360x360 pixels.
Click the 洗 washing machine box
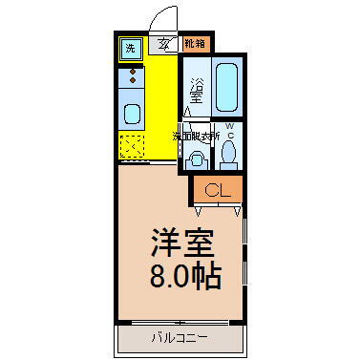point(129,47)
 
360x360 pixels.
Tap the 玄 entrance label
point(165,43)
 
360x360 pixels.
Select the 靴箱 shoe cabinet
point(194,43)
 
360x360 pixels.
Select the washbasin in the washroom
point(197,155)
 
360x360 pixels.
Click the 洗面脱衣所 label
point(196,137)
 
